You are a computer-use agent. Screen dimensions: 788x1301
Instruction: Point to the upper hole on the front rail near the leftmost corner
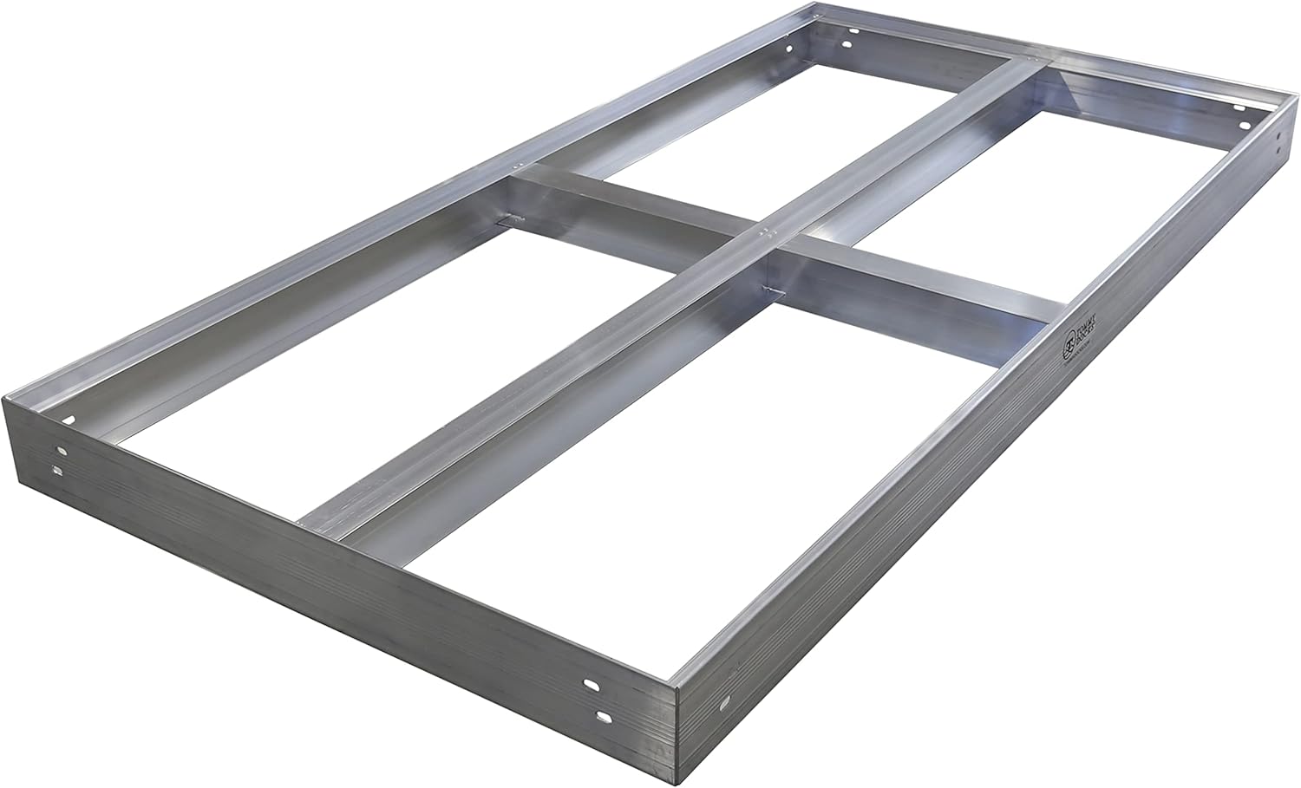pyautogui.click(x=61, y=451)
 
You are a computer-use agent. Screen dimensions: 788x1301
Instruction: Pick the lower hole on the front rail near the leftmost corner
pyautogui.click(x=57, y=471)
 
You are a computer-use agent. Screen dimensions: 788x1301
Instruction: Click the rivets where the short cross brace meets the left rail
pyautogui.click(x=518, y=164)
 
